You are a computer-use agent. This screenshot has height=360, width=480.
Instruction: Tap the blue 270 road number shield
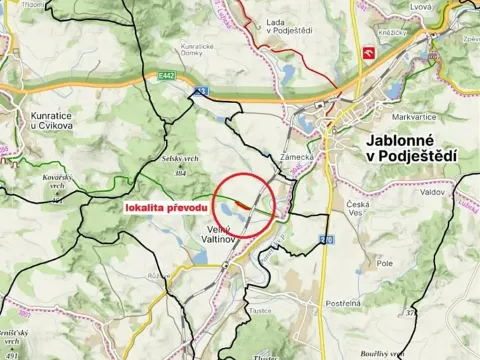point(326,240)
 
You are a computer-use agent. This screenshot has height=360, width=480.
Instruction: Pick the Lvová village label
point(423,8)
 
